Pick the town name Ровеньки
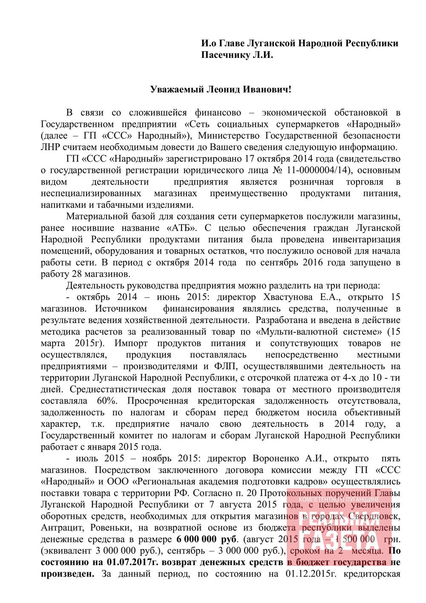tap(102, 528)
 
